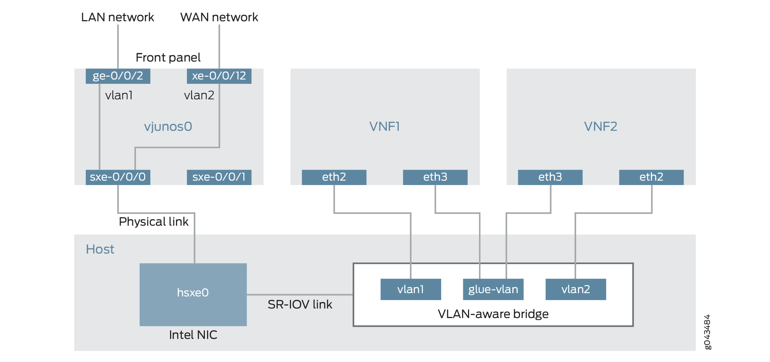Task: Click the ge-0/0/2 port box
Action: point(118,76)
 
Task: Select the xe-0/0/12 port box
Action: point(219,76)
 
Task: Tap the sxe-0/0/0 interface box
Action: point(118,177)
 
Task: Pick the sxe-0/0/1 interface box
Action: point(219,177)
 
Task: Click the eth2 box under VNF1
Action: point(334,177)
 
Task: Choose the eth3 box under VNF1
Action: point(435,177)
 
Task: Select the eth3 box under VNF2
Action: point(550,177)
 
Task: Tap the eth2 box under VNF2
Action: point(651,177)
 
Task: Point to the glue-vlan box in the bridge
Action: point(493,289)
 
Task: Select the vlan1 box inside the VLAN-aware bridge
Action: point(410,289)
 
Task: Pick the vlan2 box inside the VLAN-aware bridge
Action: point(575,289)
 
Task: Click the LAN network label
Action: point(117,17)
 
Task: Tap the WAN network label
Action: point(219,17)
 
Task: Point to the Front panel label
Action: point(168,58)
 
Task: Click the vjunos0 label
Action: point(168,126)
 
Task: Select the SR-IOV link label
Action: point(300,304)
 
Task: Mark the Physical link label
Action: point(154,222)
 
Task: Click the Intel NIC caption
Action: point(193,335)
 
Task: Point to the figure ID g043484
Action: point(707,332)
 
